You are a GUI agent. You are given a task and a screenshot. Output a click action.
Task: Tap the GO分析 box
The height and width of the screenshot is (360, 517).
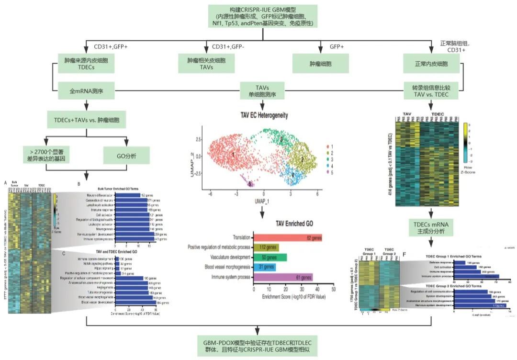(x=127, y=155)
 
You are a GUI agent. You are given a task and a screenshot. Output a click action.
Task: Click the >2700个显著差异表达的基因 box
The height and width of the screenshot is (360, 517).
(x=46, y=155)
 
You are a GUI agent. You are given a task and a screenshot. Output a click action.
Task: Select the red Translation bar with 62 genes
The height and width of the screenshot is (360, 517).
(x=287, y=237)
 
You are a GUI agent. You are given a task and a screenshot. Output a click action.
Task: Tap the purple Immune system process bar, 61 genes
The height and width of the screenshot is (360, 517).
(x=282, y=277)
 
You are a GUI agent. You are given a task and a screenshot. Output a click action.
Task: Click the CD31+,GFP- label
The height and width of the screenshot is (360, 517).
(x=230, y=46)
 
